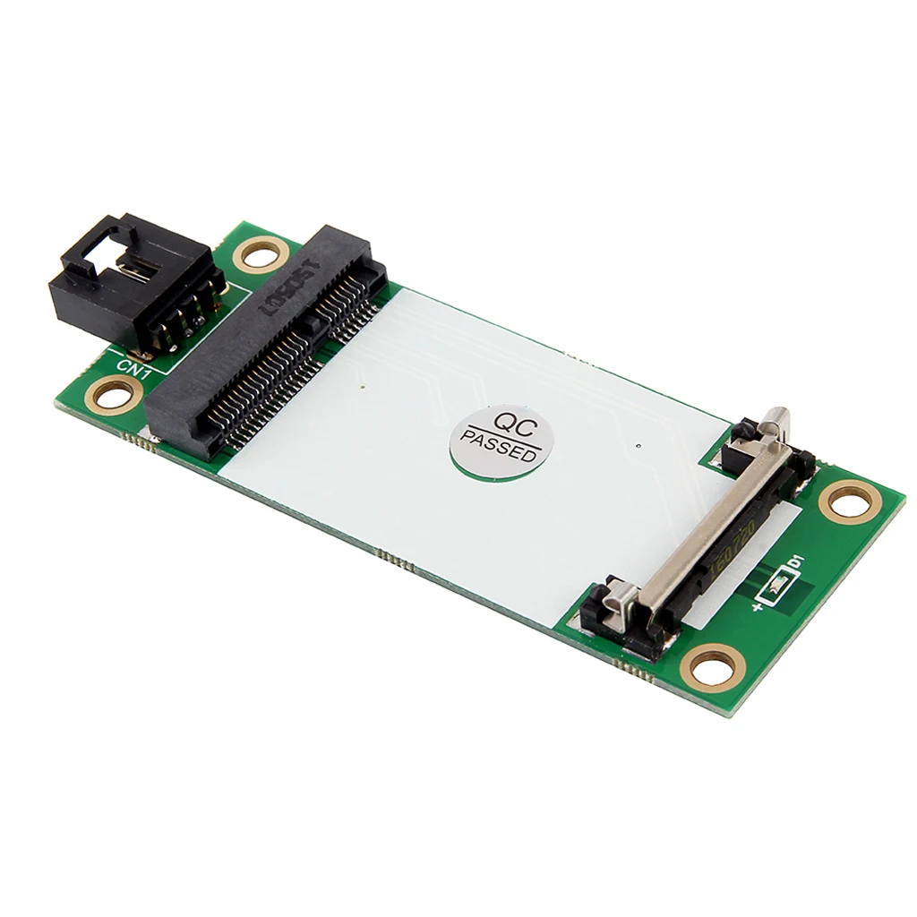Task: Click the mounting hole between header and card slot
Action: pyautogui.click(x=261, y=255)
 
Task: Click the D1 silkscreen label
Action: pyautogui.click(x=793, y=564)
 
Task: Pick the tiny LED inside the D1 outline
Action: pyautogui.click(x=776, y=587)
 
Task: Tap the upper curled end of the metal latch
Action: pyautogui.click(x=777, y=421)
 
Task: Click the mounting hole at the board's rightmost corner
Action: pyautogui.click(x=850, y=501)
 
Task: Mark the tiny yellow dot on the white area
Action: pyautogui.click(x=362, y=388)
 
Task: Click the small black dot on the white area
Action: pyautogui.click(x=635, y=445)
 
